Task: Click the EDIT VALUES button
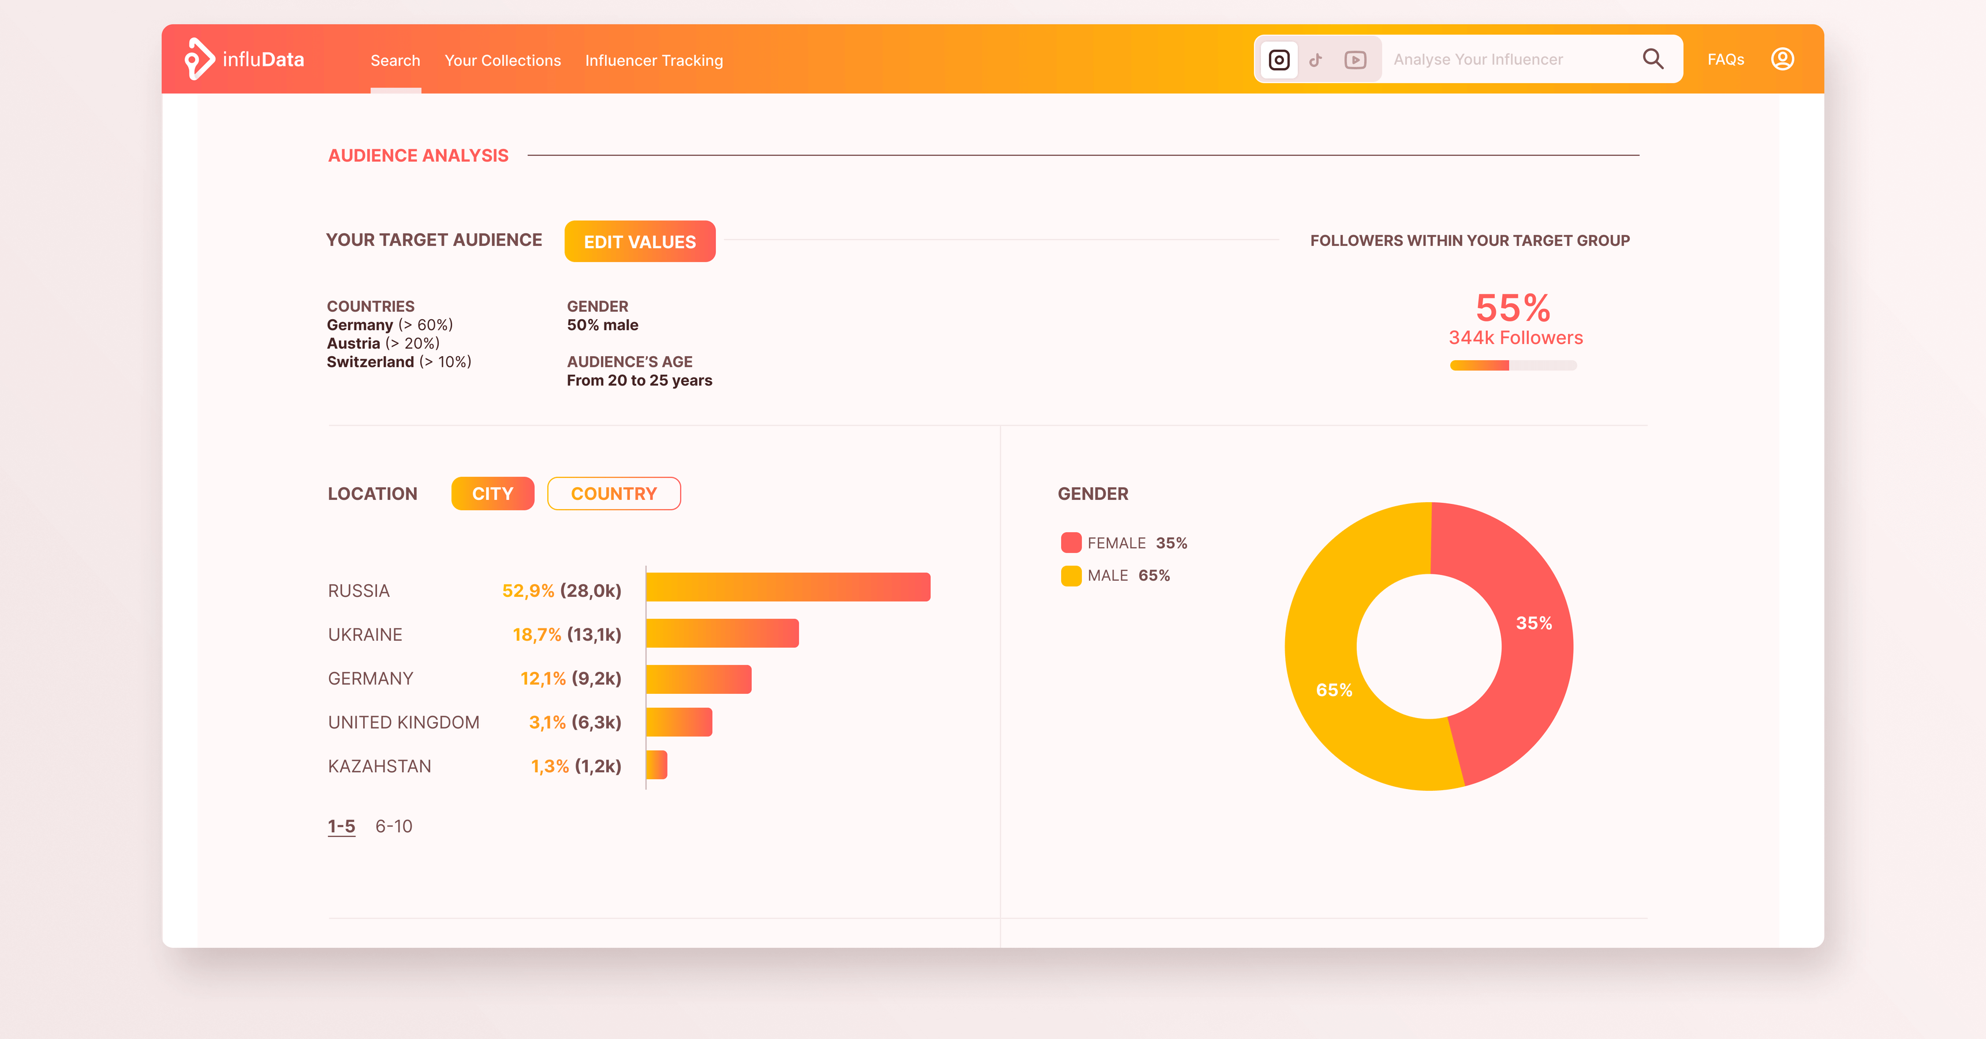point(639,241)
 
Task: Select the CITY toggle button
point(492,494)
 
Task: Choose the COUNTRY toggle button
point(613,494)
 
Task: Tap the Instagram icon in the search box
point(1278,59)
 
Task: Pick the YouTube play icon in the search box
point(1354,59)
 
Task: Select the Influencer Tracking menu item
point(653,60)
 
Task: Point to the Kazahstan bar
point(656,765)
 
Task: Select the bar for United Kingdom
point(678,722)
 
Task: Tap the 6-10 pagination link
point(393,825)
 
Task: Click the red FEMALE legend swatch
point(1070,543)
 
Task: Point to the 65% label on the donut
point(1333,690)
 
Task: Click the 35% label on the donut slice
point(1533,623)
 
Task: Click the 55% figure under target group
point(1512,308)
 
